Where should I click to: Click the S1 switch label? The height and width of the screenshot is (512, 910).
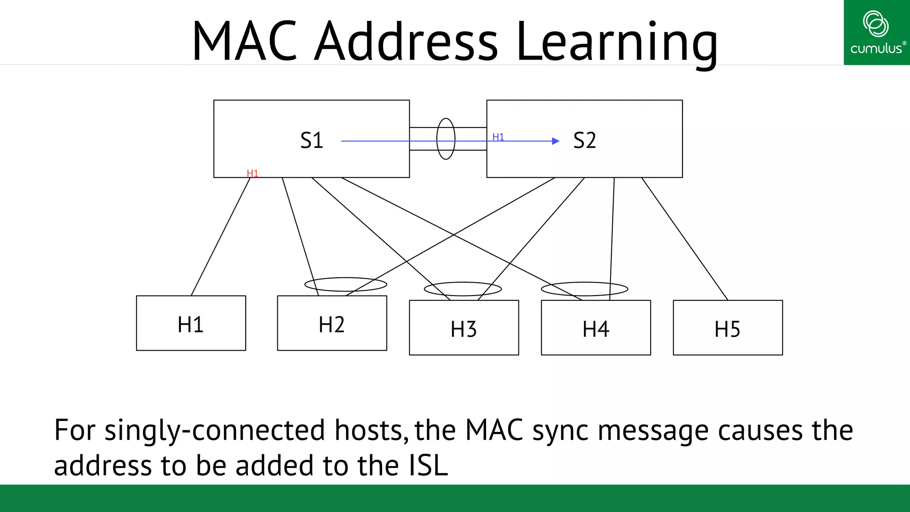tap(311, 140)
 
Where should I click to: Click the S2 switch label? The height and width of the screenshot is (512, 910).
tap(584, 140)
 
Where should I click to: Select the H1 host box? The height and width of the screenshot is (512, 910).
tap(191, 323)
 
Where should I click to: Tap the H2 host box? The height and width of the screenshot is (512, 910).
tap(332, 323)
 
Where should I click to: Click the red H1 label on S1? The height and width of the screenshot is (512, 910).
tap(252, 173)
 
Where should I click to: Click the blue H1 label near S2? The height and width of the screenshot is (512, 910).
tap(498, 137)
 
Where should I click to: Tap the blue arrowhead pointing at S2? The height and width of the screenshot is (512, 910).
tap(555, 141)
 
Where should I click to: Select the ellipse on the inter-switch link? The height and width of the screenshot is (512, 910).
tap(446, 139)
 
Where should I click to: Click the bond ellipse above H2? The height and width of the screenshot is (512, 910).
tap(346, 284)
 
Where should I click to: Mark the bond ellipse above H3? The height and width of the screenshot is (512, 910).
tap(463, 289)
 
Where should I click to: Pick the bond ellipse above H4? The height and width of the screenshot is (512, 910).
tap(584, 289)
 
